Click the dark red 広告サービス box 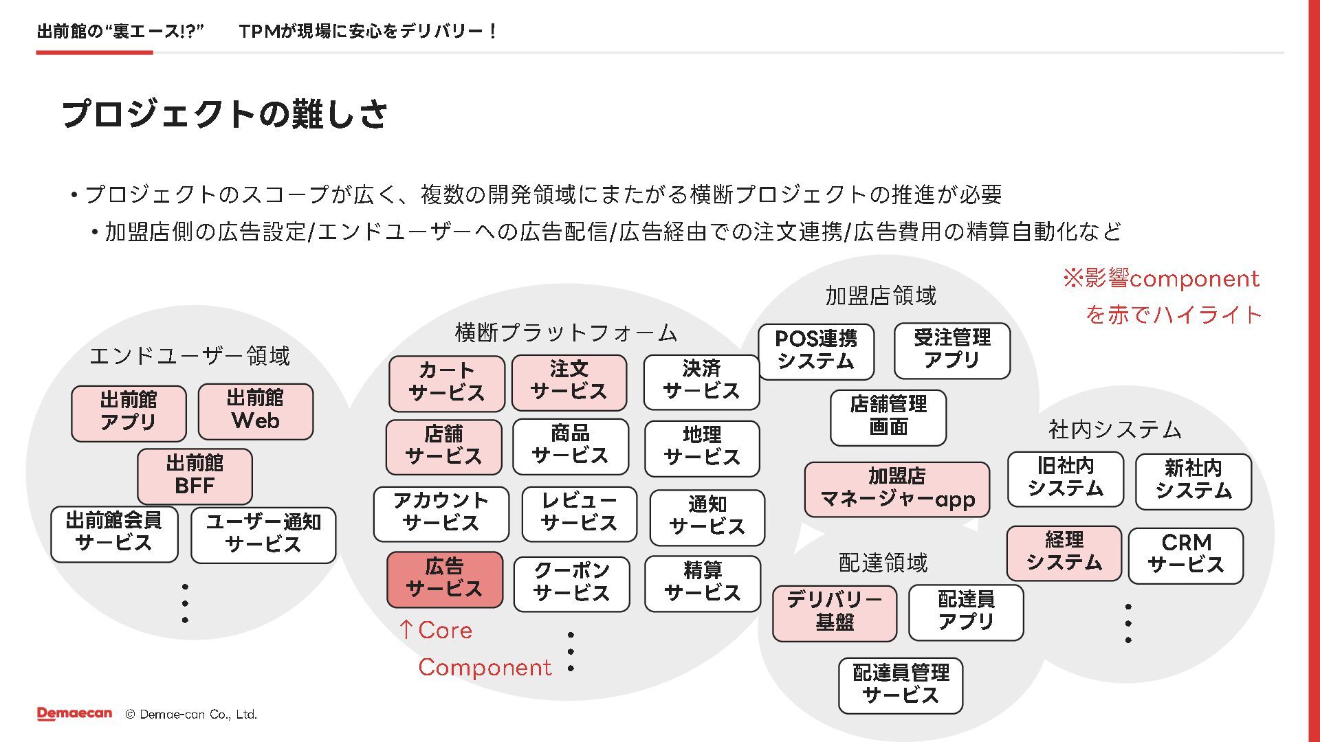445,579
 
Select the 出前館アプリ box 129,412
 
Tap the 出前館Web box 255,411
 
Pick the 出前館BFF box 195,475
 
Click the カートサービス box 446,383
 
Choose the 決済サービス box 701,381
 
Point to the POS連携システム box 816,351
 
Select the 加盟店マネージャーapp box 896,488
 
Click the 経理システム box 1064,552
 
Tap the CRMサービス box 1185,555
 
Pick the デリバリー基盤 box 835,612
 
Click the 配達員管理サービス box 900,685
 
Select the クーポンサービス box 571,583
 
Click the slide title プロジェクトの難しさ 225,114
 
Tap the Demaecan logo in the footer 74,714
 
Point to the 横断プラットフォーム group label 566,333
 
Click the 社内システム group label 1114,430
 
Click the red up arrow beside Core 406,629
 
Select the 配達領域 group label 883,563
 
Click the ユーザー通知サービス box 263,534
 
